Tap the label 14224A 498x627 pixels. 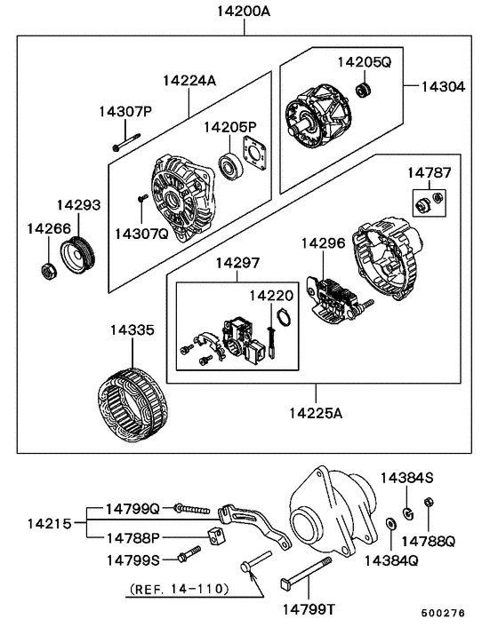(189, 81)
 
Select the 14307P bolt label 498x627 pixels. (125, 111)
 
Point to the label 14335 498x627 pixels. (132, 330)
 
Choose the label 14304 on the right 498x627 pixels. (442, 87)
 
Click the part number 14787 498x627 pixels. (429, 172)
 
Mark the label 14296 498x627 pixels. (321, 242)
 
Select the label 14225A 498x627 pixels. (316, 413)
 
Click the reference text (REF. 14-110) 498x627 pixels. (179, 589)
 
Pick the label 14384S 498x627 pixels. (406, 478)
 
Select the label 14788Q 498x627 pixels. (428, 540)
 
